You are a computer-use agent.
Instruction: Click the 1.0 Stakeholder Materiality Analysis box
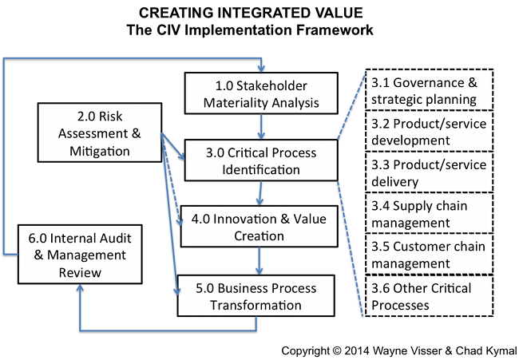[x=261, y=93]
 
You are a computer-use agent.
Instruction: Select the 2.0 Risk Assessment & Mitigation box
[x=100, y=133]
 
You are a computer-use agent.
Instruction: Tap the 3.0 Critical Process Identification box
[x=261, y=160]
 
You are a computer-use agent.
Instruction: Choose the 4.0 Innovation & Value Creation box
[x=259, y=227]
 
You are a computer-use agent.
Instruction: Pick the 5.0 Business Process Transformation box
[x=256, y=296]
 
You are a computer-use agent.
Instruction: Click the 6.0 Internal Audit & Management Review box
[x=80, y=255]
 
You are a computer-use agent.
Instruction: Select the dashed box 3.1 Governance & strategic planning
[x=430, y=89]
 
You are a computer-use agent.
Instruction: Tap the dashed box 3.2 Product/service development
[x=430, y=131]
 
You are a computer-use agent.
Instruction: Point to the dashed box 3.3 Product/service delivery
[x=430, y=172]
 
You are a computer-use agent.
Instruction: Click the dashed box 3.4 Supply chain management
[x=430, y=213]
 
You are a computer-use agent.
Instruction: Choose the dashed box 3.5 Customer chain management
[x=430, y=254]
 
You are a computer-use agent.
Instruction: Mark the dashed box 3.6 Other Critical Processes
[x=430, y=295]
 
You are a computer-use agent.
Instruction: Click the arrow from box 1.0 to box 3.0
[x=261, y=127]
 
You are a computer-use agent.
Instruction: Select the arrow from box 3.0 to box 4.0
[x=260, y=193]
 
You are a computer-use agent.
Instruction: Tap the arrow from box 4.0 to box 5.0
[x=259, y=261]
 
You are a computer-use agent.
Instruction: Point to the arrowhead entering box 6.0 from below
[x=80, y=288]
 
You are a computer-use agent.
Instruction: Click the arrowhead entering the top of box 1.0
[x=261, y=69]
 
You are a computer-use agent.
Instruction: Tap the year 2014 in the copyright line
[x=357, y=350]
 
